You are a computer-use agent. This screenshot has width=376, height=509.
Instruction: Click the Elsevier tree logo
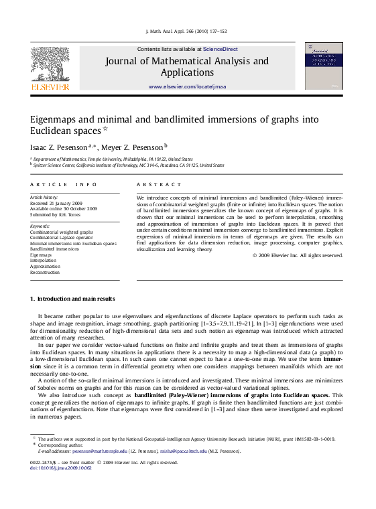[x=50, y=66]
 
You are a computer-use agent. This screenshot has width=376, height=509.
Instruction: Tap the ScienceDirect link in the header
[x=221, y=50]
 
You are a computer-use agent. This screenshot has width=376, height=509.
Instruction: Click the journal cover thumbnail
[x=323, y=66]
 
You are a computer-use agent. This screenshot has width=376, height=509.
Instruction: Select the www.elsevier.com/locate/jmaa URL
[x=187, y=88]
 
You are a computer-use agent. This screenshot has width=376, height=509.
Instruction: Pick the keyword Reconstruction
[x=45, y=273]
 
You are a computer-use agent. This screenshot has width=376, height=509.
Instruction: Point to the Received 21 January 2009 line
[x=56, y=203]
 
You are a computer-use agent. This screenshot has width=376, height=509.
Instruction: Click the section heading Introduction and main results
[x=76, y=298]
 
